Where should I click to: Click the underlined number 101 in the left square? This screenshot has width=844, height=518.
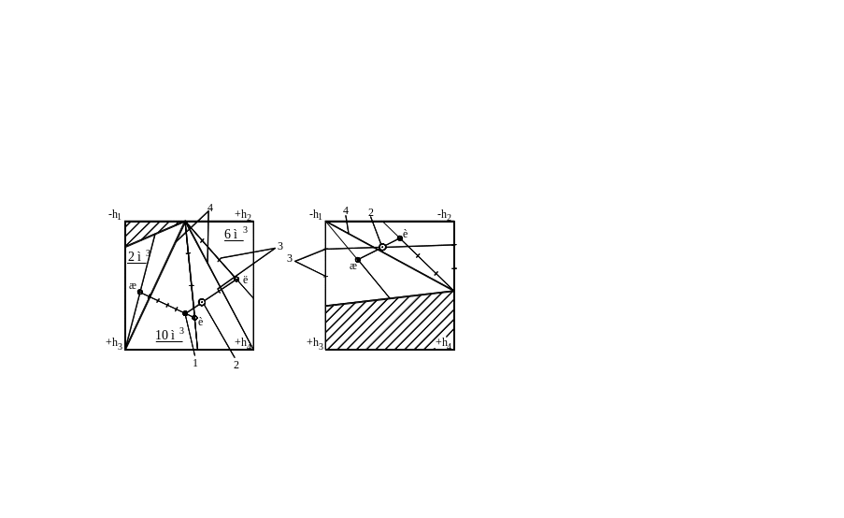[x=168, y=336]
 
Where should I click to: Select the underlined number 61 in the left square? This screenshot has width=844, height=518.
[x=232, y=234]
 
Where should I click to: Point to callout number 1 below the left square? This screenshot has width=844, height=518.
[x=193, y=363]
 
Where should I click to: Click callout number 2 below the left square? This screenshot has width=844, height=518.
[x=236, y=365]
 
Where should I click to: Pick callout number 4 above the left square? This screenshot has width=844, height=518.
[x=209, y=207]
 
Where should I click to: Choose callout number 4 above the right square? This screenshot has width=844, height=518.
[x=346, y=211]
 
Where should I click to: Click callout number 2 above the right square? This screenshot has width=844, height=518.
[x=371, y=212]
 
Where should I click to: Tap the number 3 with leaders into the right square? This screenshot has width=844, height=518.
[x=291, y=256]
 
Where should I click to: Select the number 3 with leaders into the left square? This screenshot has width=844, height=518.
[x=279, y=246]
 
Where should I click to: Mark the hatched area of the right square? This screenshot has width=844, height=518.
[x=388, y=324]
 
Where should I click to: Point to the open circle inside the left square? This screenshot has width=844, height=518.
[x=202, y=302]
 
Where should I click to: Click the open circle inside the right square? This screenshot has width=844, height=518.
[x=382, y=247]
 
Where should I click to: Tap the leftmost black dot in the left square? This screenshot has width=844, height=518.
[x=140, y=292]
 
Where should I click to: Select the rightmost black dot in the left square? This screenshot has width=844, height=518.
[x=236, y=278]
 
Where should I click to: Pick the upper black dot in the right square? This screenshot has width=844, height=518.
[x=400, y=238]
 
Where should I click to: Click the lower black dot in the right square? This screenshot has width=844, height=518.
[x=357, y=260]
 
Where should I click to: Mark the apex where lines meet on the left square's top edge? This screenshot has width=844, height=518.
[x=185, y=223]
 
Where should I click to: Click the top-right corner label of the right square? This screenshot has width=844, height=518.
[x=448, y=216]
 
